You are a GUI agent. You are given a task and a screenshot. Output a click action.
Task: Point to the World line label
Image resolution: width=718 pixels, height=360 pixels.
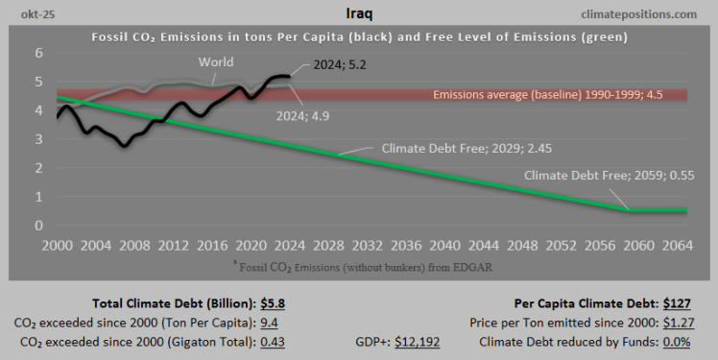point(216,62)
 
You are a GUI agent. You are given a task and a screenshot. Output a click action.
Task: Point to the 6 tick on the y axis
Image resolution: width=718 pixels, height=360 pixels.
point(40,54)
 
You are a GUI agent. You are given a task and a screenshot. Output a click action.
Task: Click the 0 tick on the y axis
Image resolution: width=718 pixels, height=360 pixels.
point(40,226)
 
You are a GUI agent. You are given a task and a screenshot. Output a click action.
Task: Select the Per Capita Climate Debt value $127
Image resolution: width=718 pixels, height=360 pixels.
point(678,302)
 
